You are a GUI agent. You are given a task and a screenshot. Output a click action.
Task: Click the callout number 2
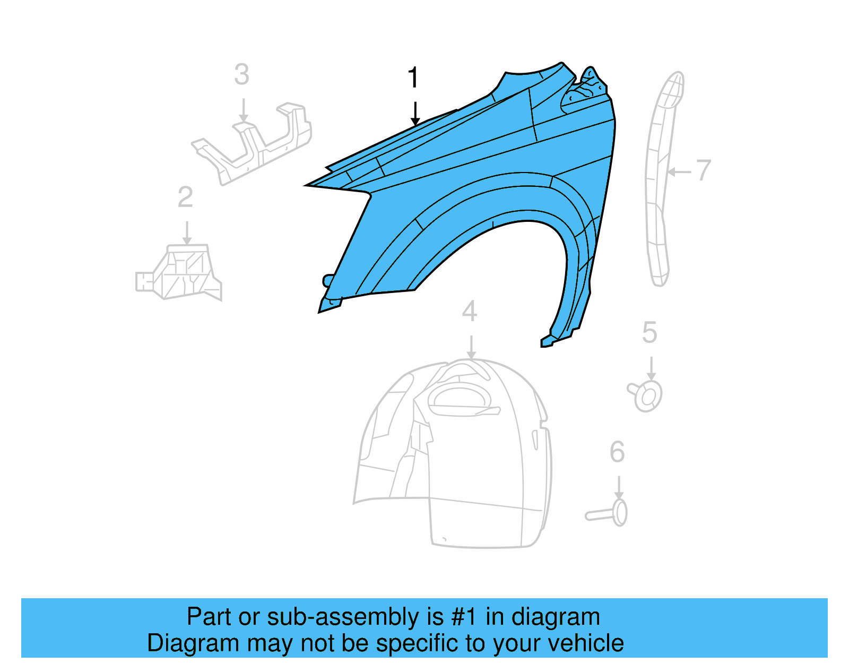click(x=185, y=197)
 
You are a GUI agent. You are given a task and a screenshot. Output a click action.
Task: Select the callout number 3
click(x=241, y=75)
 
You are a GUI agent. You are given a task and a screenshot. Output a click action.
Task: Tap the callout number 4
click(x=469, y=311)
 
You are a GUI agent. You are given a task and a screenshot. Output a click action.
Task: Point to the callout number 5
click(x=649, y=333)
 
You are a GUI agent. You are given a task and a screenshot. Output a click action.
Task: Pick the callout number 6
click(x=617, y=452)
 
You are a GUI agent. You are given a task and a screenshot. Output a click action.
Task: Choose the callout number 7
click(x=704, y=170)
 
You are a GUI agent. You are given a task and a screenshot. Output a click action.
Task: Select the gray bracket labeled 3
click(x=255, y=143)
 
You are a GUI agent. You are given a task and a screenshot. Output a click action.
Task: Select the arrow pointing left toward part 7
click(x=679, y=172)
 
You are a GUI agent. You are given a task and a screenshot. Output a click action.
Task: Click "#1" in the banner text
click(x=464, y=617)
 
